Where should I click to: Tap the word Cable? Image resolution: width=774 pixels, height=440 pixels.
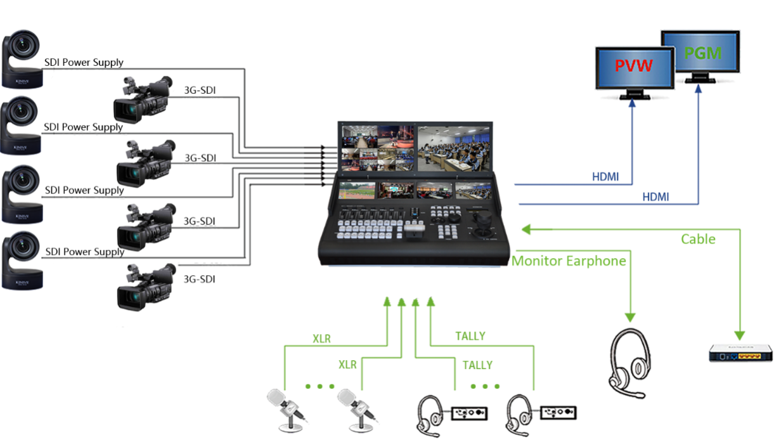698,239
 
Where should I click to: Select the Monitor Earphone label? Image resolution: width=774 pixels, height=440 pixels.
569,261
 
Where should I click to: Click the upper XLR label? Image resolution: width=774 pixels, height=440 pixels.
321,339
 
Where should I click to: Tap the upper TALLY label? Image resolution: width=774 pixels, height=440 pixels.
470,337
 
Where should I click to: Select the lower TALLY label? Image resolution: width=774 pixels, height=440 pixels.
477,365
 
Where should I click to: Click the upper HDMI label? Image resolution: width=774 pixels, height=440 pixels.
605,177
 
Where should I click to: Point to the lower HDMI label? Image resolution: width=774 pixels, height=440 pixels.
655,197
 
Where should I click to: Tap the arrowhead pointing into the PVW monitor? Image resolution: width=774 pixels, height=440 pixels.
632,105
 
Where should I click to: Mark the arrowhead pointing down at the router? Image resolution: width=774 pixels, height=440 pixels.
740,334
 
